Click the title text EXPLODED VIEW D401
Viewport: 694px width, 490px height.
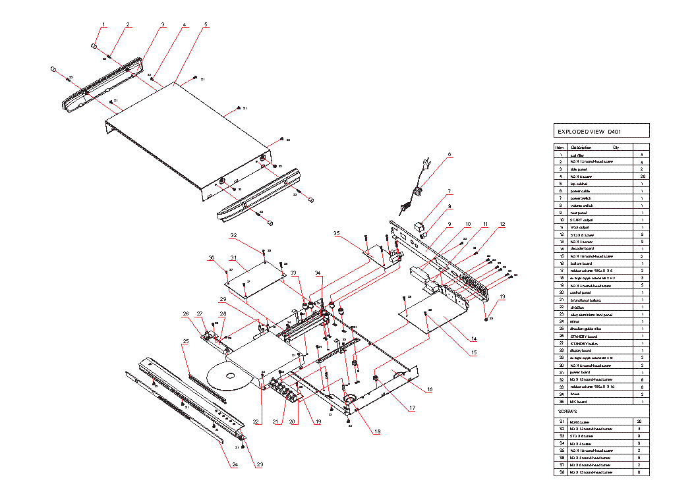[x=590, y=132]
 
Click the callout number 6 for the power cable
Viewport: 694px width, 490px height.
[x=449, y=155]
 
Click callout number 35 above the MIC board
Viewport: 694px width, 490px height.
[x=336, y=234]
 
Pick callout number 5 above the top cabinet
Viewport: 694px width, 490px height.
[x=206, y=25]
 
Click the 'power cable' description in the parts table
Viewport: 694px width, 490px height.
[x=581, y=191]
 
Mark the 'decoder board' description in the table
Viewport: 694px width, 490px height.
[x=582, y=249]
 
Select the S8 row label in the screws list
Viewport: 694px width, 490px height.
[x=562, y=472]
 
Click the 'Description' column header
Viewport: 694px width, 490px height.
[x=581, y=148]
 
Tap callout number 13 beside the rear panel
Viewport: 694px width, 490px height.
[x=502, y=297]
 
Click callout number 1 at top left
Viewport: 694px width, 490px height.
[x=103, y=25]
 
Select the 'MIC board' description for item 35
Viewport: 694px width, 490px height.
[x=579, y=401]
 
